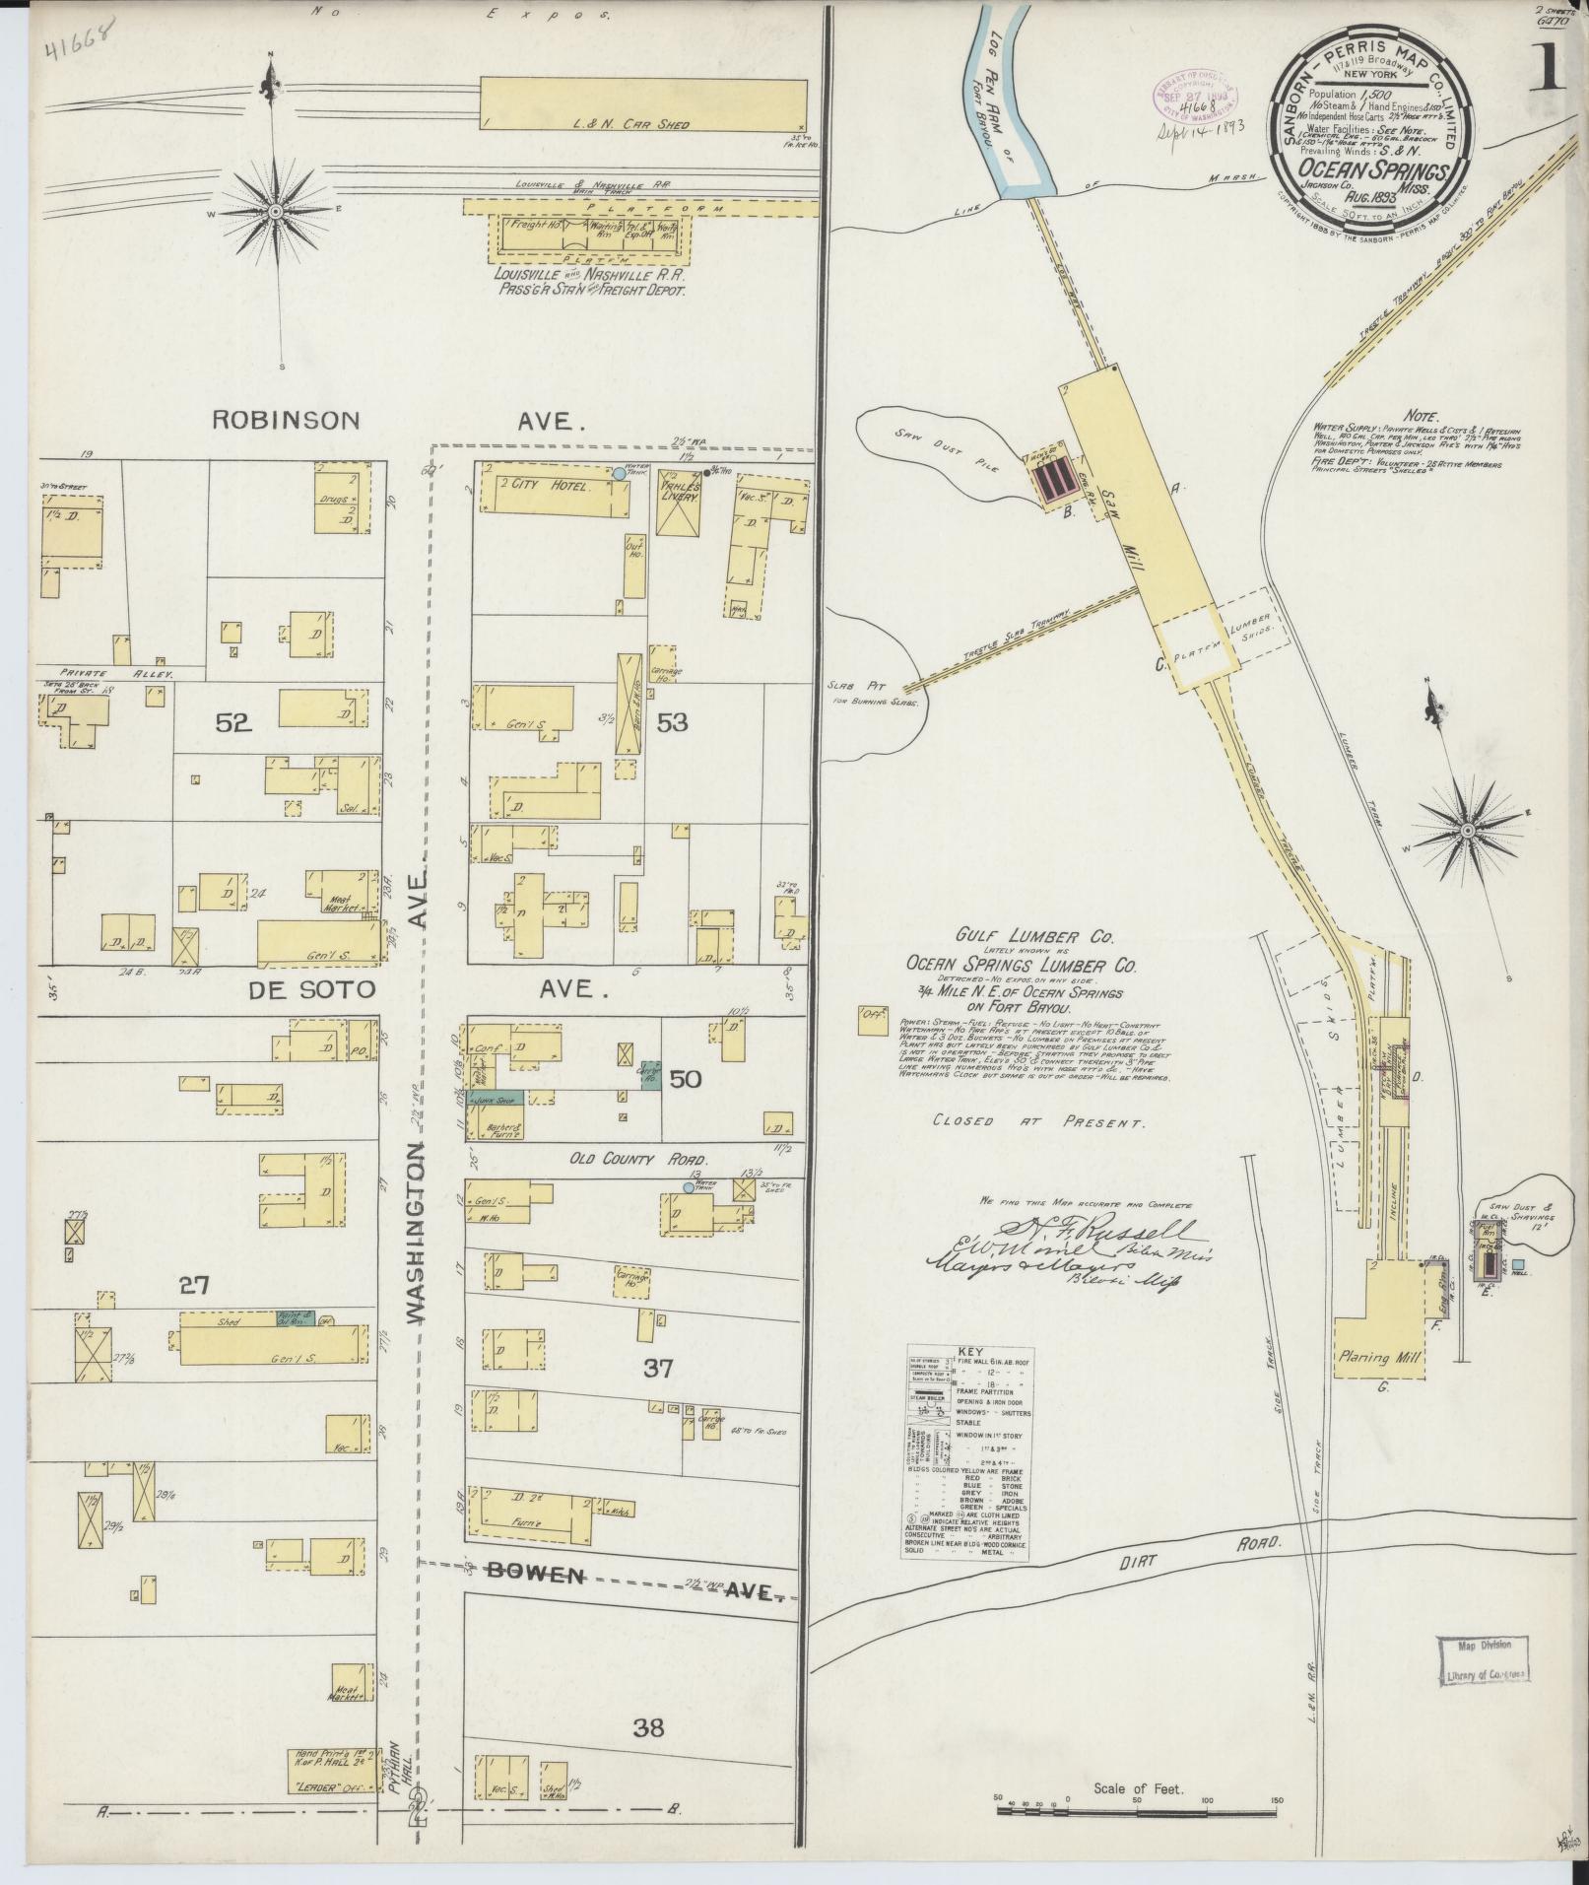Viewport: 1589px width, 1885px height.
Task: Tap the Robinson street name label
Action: pos(286,420)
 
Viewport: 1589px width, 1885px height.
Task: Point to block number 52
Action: pos(234,723)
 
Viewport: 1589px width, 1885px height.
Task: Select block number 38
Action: pos(649,1726)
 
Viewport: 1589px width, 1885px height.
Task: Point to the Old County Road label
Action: pos(627,1160)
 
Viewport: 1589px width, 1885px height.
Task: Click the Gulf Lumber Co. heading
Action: pos(1021,940)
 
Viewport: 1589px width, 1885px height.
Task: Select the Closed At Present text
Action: pos(1036,1121)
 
